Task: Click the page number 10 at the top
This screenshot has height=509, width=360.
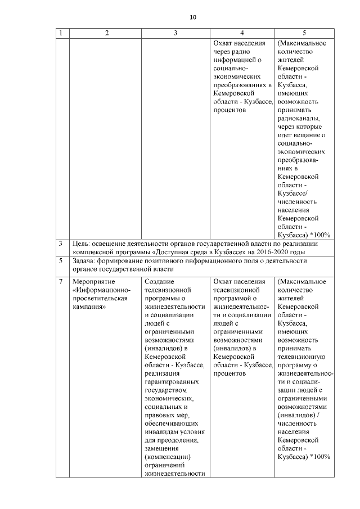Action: pos(193,17)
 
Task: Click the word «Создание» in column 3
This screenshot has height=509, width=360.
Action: pos(159,281)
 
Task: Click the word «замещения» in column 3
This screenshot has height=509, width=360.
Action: pos(162,448)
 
